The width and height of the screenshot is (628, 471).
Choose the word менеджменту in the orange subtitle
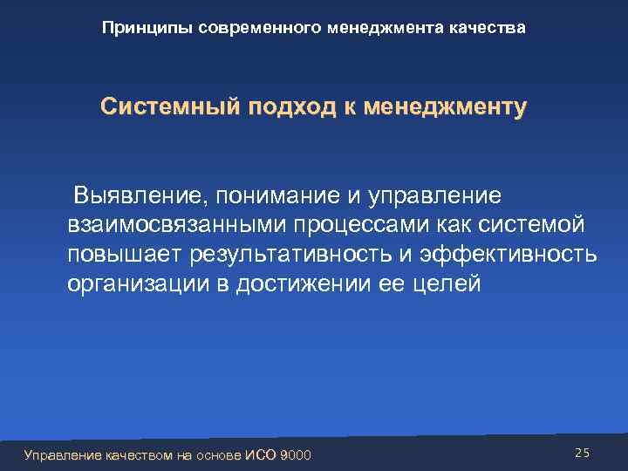tap(446, 109)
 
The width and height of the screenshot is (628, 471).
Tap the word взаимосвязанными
tap(170, 225)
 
